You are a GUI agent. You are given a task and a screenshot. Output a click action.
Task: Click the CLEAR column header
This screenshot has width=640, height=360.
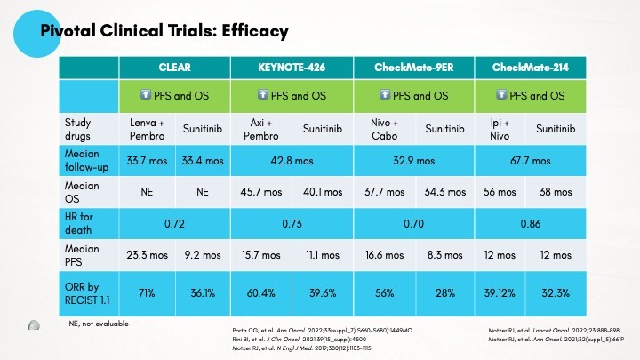[174, 68]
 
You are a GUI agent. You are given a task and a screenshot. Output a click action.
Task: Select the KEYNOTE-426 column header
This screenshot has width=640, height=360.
[292, 68]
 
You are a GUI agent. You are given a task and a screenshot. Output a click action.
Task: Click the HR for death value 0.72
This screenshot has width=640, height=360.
[174, 220]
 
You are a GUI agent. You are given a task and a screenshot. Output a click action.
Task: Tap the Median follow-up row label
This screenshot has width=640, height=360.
[86, 161]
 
